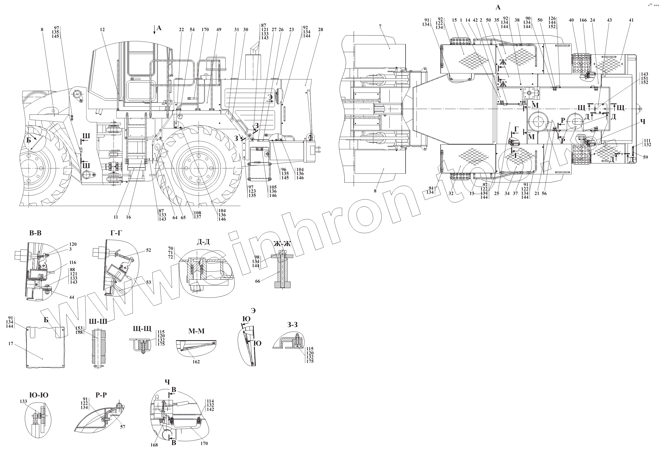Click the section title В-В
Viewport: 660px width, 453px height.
[x=35, y=233]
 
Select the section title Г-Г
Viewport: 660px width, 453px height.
[x=116, y=233]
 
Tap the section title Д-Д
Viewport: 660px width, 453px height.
[x=203, y=242]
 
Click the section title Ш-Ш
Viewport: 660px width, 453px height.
[x=98, y=321]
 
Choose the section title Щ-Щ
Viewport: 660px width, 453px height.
[x=142, y=328]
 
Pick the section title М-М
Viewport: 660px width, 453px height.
[x=196, y=331]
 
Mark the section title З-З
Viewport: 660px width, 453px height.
[x=292, y=325]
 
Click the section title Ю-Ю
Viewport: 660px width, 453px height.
[x=39, y=395]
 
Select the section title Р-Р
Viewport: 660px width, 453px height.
[x=101, y=395]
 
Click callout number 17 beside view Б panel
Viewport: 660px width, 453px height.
[x=11, y=344]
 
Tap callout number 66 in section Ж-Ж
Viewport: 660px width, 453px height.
[x=258, y=281]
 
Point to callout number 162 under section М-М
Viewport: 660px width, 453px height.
[x=196, y=362]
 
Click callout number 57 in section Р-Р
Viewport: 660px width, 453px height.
[x=122, y=427]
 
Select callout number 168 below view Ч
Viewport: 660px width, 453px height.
[x=154, y=445]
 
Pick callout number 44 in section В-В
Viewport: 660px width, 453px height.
[x=71, y=297]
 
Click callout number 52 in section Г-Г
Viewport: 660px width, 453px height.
[x=149, y=250]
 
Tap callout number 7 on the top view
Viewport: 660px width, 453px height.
[x=380, y=26]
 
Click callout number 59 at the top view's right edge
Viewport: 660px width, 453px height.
[x=646, y=157]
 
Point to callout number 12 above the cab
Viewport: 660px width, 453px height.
[x=102, y=30]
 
